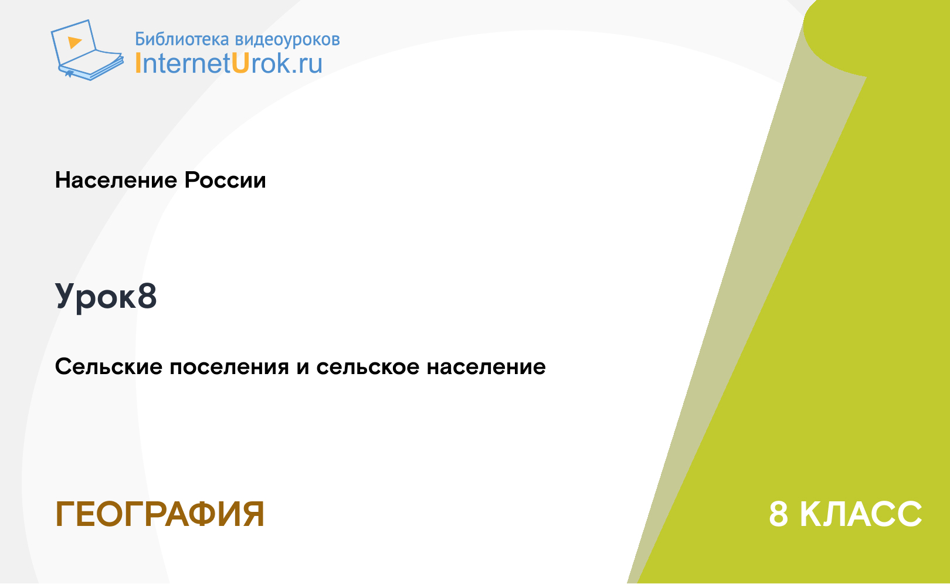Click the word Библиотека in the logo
pos(182,39)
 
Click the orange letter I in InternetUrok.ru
pos(138,63)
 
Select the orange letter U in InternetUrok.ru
pos(240,63)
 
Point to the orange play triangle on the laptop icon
pos(74,42)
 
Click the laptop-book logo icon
pos(87,50)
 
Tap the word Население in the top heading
pos(116,180)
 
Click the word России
pos(225,180)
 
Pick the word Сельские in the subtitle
pos(108,366)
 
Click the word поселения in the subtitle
pos(229,368)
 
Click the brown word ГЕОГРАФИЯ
pos(160,514)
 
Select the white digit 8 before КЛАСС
pos(779,514)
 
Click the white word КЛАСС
pos(861,514)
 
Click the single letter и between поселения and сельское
pos(303,368)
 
